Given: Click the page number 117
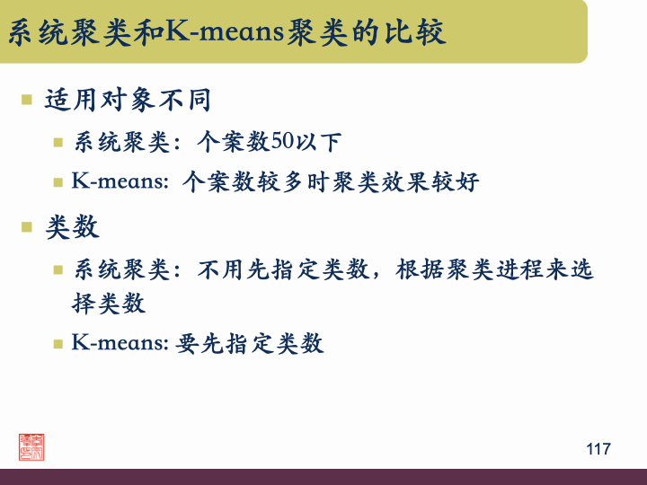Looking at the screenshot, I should click(x=598, y=448).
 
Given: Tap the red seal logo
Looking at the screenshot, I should click(x=31, y=446).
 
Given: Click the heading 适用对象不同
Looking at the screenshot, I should click(x=128, y=100).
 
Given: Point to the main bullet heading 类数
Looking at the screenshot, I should click(x=72, y=227).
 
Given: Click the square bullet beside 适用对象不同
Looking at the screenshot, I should click(x=27, y=99).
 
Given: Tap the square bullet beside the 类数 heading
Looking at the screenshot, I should click(x=27, y=226).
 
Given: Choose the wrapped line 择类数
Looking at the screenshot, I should click(x=109, y=304).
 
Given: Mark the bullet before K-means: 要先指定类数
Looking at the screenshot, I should click(x=58, y=343).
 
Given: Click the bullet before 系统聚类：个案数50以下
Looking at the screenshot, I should click(x=58, y=142).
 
